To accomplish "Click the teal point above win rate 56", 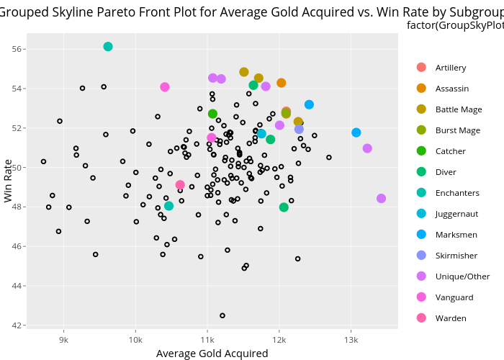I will coord(108,47).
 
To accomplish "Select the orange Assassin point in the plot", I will coord(282,83).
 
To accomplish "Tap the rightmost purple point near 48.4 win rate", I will coord(381,199).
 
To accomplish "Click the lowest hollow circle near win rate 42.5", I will coord(222,315).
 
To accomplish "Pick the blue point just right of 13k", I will coord(356,132).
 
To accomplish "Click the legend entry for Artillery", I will coord(450,68).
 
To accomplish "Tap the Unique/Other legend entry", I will coord(462,276).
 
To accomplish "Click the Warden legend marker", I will coord(421,318).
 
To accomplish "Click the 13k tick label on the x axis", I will coord(351,340).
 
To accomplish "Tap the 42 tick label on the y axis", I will coord(19,325).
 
